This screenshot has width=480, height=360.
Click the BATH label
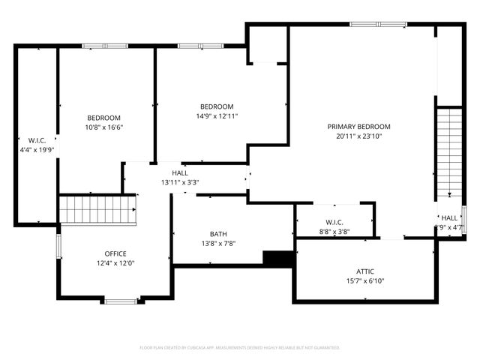point(218,234)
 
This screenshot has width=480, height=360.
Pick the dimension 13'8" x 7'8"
point(218,244)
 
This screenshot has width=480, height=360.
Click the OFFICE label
point(115,253)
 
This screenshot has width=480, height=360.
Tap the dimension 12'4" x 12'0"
point(115,263)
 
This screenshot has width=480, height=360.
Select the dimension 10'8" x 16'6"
point(104,127)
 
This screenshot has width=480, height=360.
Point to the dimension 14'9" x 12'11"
point(217,116)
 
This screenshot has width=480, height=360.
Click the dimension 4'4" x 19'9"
point(37,150)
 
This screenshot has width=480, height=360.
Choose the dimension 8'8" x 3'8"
point(334,232)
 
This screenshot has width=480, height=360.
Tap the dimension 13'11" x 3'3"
point(179,182)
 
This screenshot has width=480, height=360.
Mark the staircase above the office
point(97,209)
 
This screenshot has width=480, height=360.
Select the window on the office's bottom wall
point(120,301)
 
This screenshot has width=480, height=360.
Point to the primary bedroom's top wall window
point(378,25)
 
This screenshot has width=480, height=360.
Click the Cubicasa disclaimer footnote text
point(240,348)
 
